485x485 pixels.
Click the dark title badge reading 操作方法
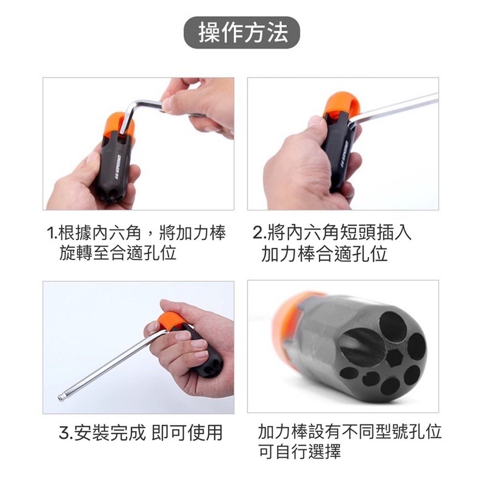[x=242, y=33]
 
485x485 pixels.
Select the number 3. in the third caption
[x=65, y=433]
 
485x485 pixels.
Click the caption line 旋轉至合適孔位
[x=118, y=253]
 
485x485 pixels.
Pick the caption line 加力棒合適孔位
[x=324, y=253]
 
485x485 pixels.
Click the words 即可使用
[x=187, y=433]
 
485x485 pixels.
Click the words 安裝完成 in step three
[x=110, y=433]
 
